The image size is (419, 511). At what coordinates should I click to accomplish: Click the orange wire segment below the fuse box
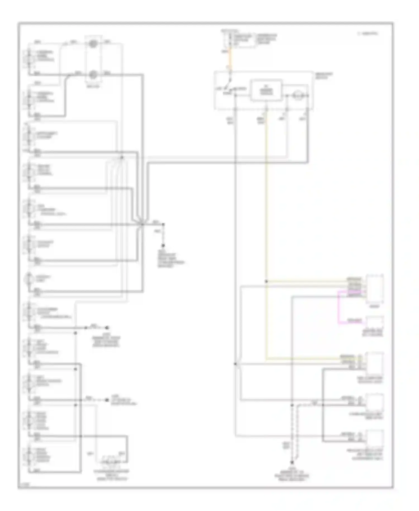click(230, 59)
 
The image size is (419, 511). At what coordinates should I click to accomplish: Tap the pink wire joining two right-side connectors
click(339, 307)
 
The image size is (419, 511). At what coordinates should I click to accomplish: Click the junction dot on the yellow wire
click(266, 281)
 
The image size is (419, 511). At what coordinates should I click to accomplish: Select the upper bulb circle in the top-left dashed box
click(93, 44)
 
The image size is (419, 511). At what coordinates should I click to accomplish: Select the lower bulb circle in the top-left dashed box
click(93, 75)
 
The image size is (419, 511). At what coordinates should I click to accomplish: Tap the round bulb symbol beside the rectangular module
click(297, 96)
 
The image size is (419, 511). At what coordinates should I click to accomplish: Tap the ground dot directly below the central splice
click(163, 245)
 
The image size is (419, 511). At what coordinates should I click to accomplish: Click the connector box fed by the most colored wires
click(375, 289)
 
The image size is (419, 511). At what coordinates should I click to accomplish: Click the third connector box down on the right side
click(375, 363)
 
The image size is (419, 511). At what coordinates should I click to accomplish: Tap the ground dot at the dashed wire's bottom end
click(292, 463)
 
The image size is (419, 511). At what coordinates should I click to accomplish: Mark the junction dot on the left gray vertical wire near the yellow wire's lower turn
click(235, 364)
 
